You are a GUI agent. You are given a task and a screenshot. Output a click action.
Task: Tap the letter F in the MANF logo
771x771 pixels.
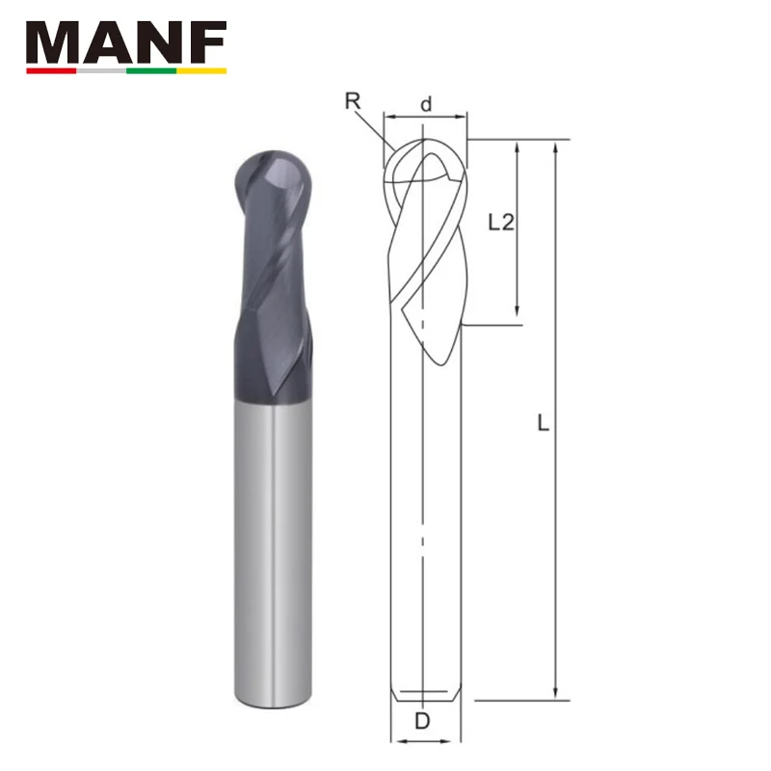(x=208, y=42)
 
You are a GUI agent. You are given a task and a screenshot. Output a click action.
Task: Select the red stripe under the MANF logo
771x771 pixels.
(x=51, y=70)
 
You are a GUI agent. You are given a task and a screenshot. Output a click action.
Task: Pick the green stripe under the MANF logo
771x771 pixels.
(x=151, y=70)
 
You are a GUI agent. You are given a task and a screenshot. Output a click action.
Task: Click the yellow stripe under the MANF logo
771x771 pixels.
(x=201, y=70)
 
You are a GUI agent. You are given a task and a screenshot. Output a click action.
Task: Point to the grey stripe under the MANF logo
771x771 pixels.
(x=101, y=70)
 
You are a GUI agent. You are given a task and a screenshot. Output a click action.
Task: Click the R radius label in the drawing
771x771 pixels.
(x=353, y=101)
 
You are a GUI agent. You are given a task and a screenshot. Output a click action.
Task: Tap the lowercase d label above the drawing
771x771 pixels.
(x=426, y=104)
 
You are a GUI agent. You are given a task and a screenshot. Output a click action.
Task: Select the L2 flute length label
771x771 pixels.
(x=501, y=223)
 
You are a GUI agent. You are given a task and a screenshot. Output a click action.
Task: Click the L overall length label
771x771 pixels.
(x=543, y=423)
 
